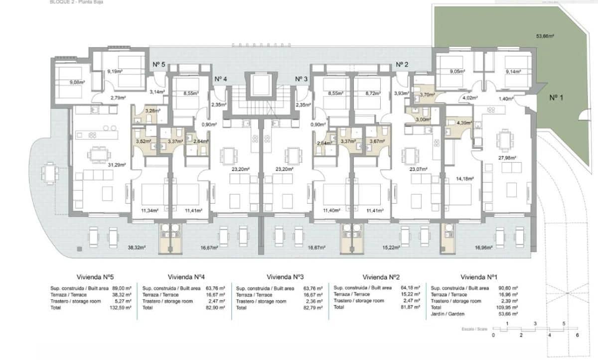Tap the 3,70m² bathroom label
click(427, 95)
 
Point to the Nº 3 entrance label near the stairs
click(301, 79)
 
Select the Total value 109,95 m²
click(509, 308)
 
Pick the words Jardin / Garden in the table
click(447, 314)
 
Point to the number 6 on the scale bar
click(577, 335)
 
